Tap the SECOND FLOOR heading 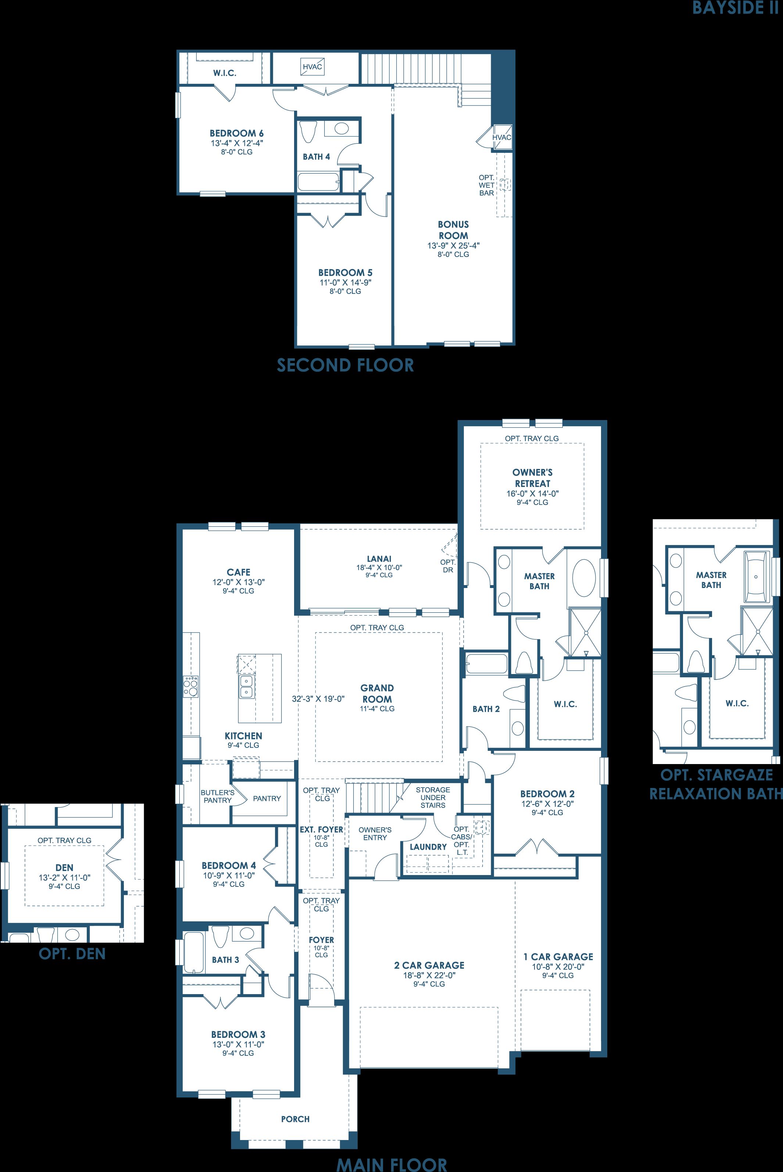tap(346, 365)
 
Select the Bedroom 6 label tap(237, 133)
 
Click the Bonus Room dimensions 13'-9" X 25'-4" tap(453, 245)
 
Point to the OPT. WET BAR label tap(486, 185)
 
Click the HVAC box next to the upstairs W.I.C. tap(312, 67)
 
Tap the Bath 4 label tap(317, 157)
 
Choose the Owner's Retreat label tap(532, 478)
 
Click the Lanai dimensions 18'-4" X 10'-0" tap(379, 567)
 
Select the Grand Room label tap(377, 693)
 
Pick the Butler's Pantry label tap(218, 796)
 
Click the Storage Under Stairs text tap(433, 797)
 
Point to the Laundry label tap(428, 847)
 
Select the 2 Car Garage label tap(429, 965)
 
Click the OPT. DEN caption tap(72, 954)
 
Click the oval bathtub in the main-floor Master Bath tap(584, 578)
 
